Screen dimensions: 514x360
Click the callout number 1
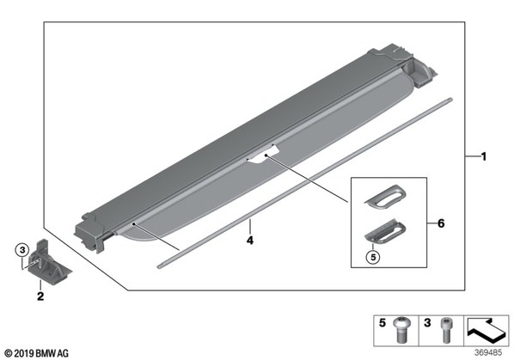(484, 156)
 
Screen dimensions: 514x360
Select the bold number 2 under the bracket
(40, 296)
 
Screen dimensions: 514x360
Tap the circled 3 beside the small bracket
(22, 251)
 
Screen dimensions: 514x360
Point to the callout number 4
(250, 240)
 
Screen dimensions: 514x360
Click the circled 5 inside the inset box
(373, 257)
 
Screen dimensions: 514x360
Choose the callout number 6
(441, 223)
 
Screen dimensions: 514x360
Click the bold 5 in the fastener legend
(382, 323)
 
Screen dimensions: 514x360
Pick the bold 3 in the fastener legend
(427, 323)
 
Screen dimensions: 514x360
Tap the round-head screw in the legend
(401, 330)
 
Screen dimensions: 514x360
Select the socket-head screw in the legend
(446, 330)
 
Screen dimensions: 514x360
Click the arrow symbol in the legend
(486, 330)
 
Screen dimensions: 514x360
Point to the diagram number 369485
(488, 352)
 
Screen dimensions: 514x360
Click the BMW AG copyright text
(37, 353)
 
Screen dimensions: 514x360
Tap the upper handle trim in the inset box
(386, 196)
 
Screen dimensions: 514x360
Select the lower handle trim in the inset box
(385, 232)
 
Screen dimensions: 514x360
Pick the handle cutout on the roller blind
(263, 155)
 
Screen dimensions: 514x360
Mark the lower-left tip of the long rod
(158, 267)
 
